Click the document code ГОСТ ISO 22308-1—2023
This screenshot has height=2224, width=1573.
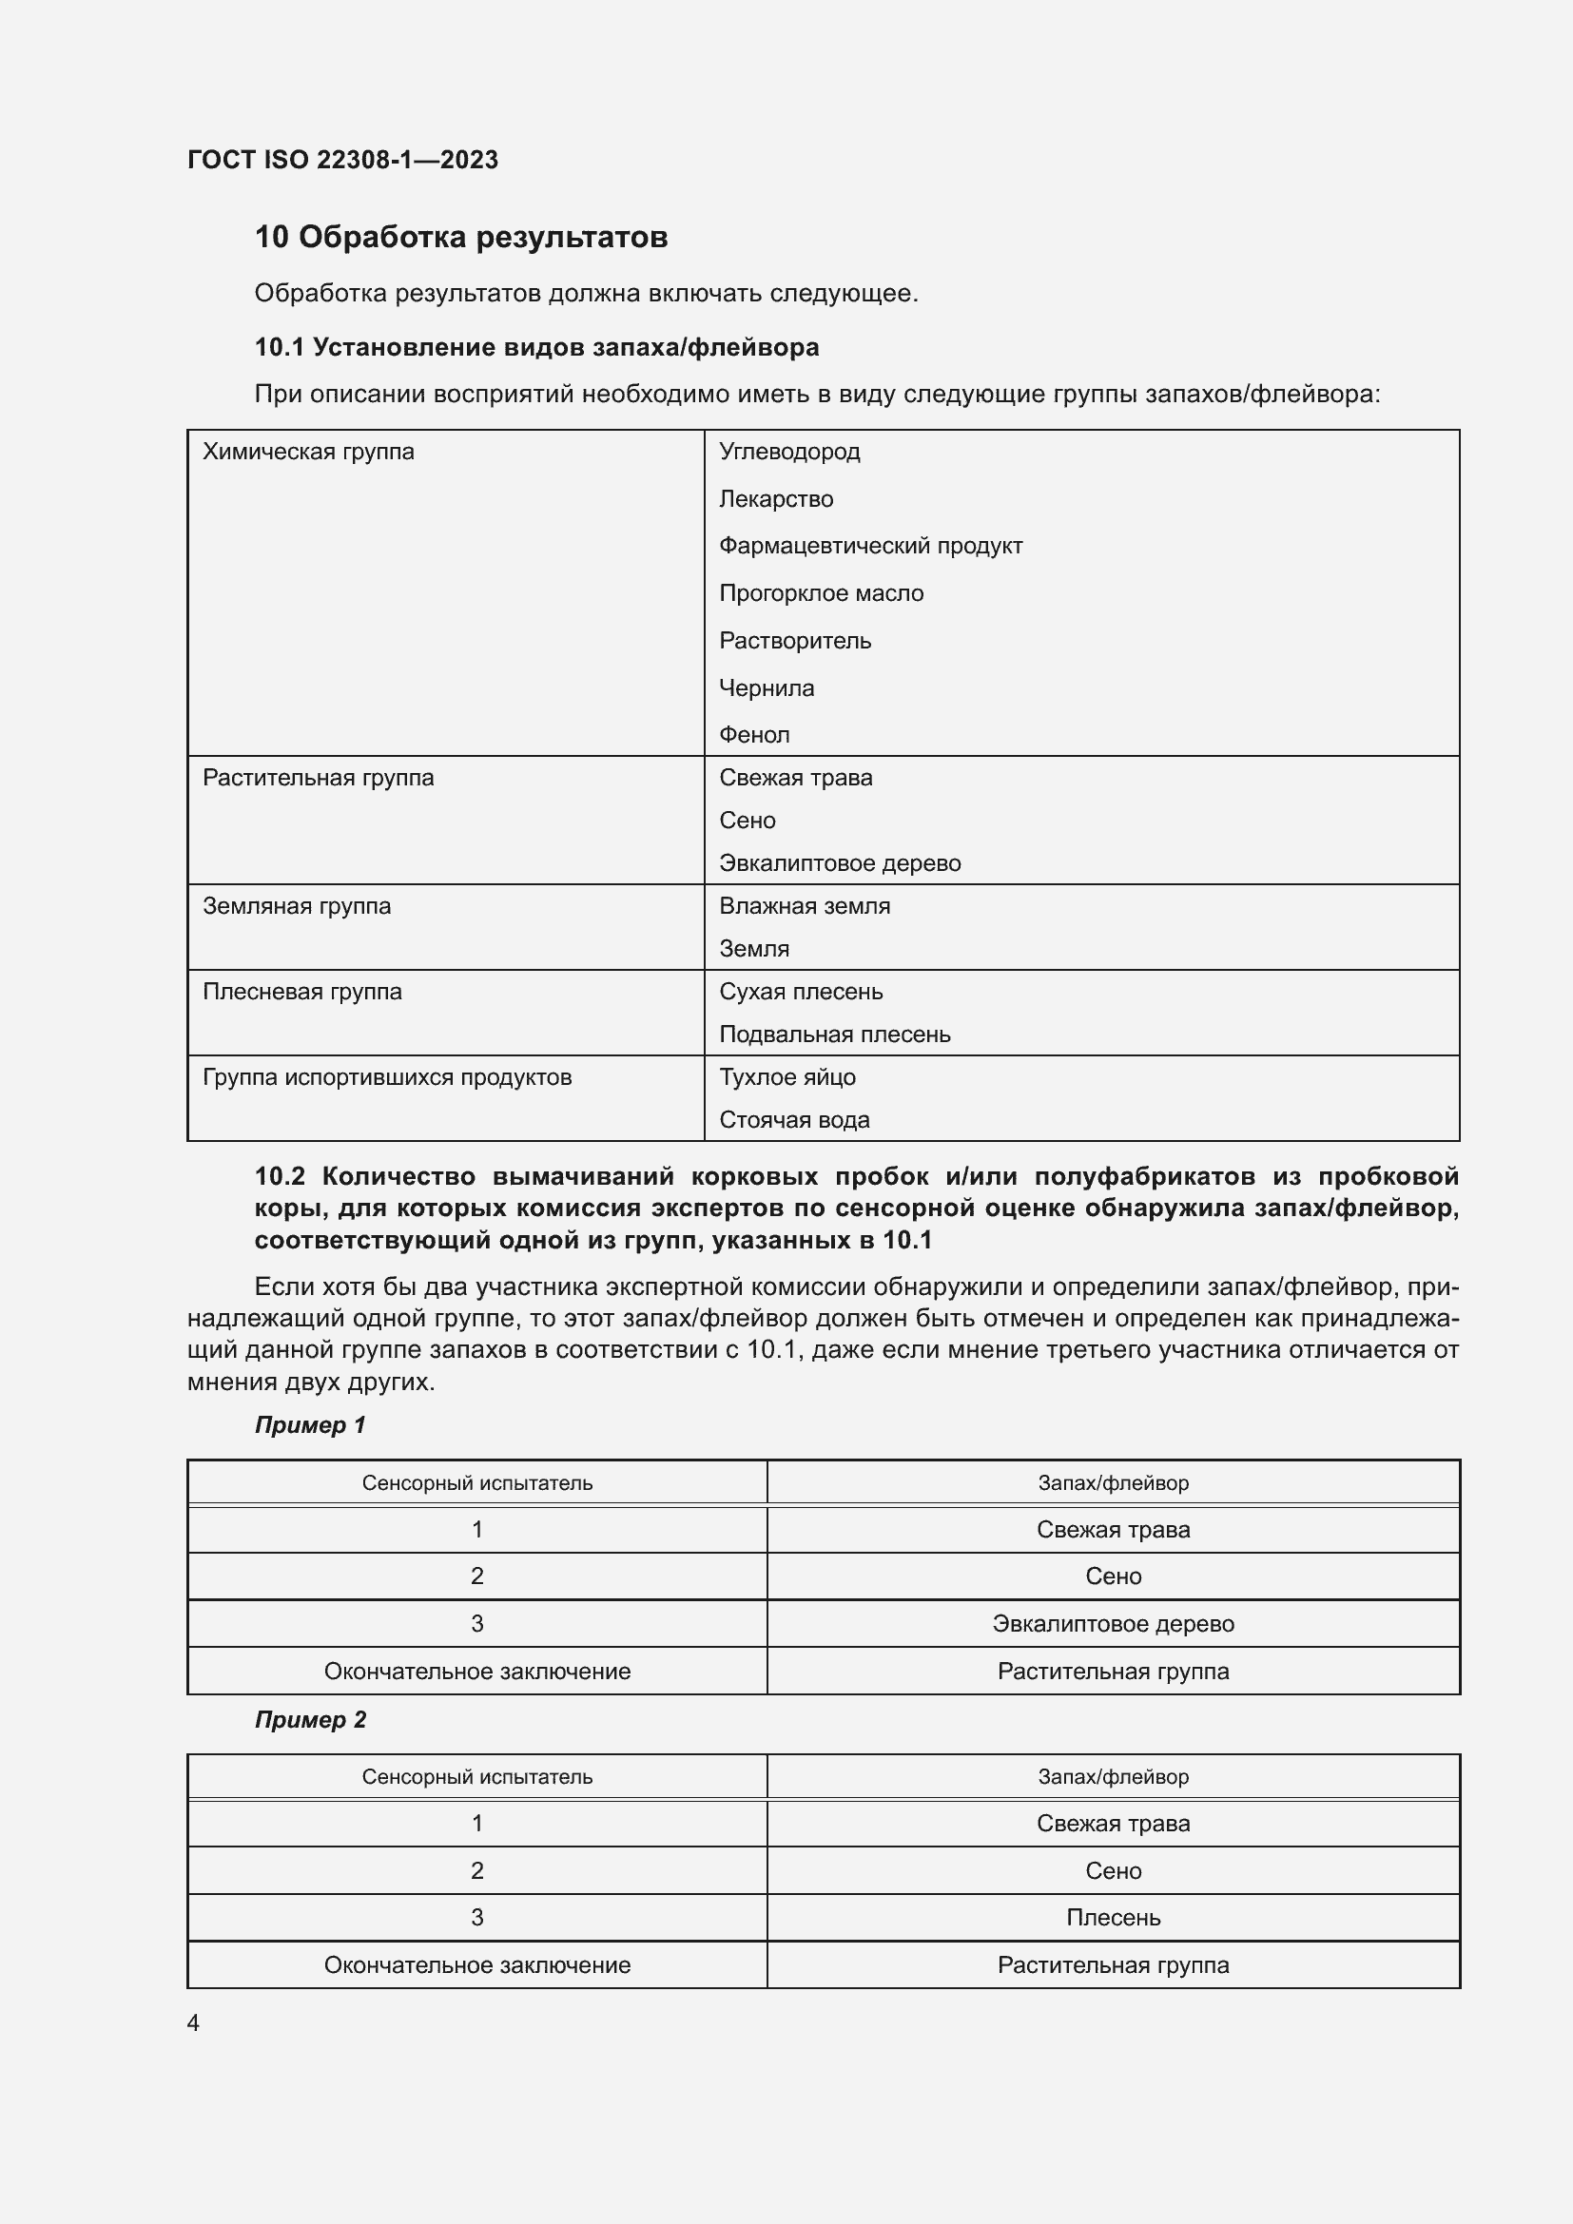point(342,160)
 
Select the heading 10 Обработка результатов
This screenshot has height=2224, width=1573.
point(461,237)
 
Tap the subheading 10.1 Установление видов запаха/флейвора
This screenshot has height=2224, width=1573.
point(536,347)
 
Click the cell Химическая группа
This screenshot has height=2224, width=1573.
point(308,452)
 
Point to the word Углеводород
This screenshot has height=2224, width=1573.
point(788,452)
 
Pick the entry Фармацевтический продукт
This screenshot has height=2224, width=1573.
point(870,546)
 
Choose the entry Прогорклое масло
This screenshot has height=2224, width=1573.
point(821,592)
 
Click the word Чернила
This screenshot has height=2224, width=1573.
point(766,687)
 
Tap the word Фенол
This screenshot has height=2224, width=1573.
point(753,735)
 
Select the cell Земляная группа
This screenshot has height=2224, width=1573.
point(297,906)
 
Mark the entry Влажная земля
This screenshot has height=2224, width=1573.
point(804,906)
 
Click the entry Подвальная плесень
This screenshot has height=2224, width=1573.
point(834,1035)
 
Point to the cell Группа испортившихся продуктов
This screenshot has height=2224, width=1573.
point(386,1077)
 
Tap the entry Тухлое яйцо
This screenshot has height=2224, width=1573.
point(786,1077)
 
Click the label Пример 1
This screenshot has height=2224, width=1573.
point(310,1425)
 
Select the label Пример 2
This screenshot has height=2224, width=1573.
point(310,1719)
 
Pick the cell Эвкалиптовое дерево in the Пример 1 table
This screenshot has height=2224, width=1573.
point(1112,1623)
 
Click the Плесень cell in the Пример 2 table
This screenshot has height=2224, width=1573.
point(1112,1917)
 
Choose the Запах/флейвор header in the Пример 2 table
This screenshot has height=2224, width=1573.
point(1112,1776)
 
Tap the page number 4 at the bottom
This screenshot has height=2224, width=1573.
point(193,2022)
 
